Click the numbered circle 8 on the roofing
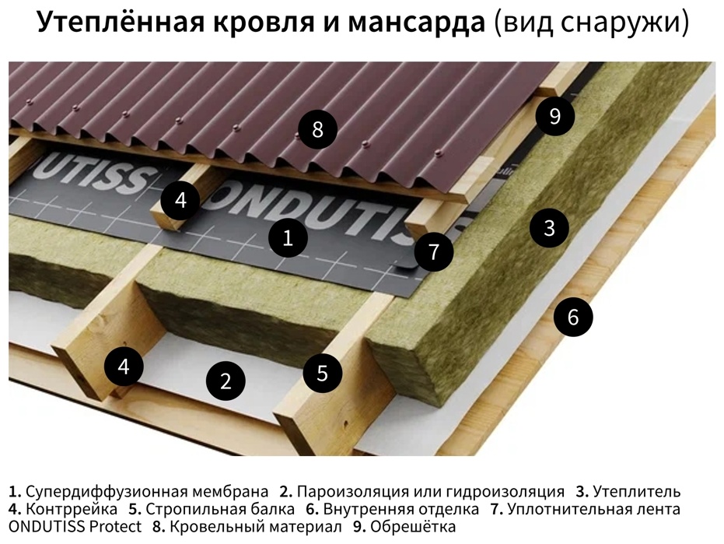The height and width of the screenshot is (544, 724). tap(317, 129)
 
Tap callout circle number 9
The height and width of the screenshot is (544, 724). tap(555, 116)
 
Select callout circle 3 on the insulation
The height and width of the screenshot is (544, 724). tap(549, 228)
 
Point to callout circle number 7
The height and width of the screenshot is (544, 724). tap(434, 252)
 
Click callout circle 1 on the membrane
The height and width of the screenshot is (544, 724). tap(288, 238)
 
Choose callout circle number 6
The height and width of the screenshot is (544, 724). tap(573, 317)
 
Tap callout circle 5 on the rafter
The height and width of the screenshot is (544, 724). tap(322, 373)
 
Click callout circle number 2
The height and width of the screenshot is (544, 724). tap(226, 381)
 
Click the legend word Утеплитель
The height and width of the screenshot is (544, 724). tap(637, 491)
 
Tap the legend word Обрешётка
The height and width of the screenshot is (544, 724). tap(413, 526)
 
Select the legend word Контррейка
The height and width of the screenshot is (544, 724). tap(72, 509)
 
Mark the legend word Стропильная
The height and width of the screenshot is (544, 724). tap(187, 509)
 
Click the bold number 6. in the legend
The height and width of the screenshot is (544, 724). tap(312, 509)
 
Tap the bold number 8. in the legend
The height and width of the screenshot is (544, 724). tap(159, 527)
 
